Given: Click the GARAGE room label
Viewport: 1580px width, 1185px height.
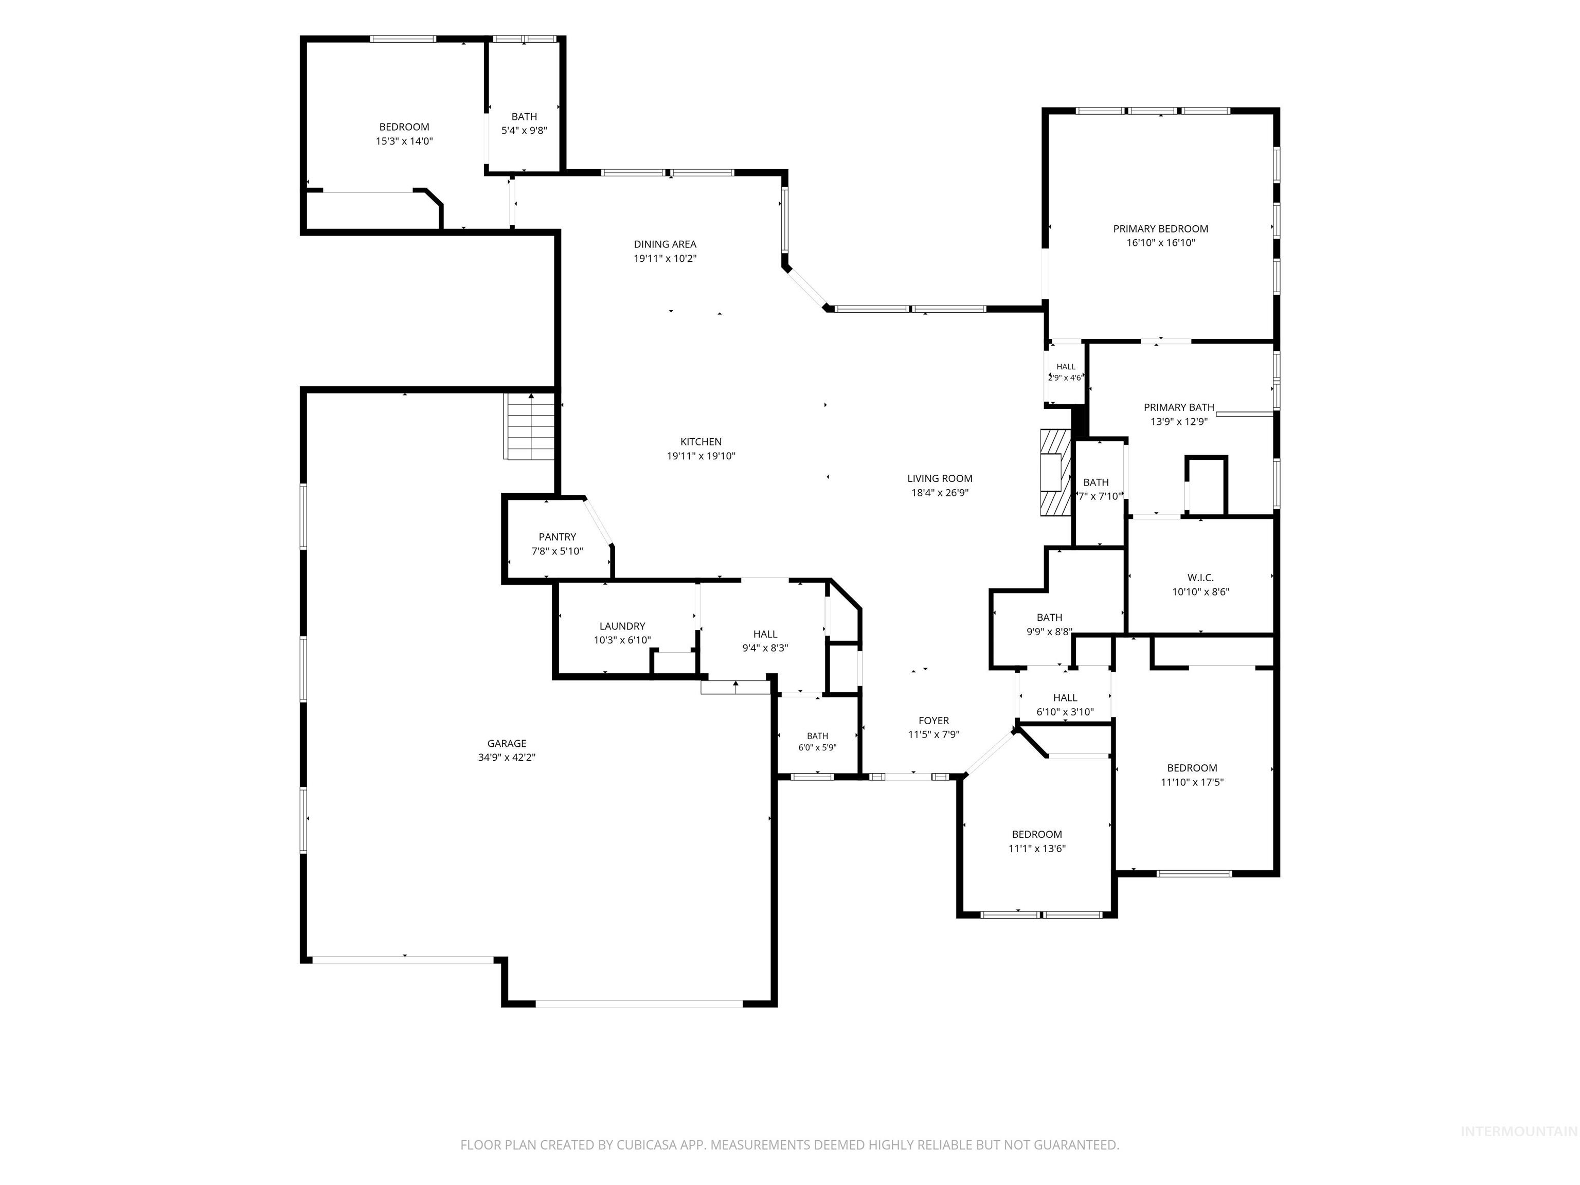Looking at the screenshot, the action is pyautogui.click(x=507, y=744).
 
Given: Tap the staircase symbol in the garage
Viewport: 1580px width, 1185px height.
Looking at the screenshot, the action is pyautogui.click(x=529, y=426).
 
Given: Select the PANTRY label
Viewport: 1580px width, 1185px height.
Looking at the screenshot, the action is pyautogui.click(x=557, y=537).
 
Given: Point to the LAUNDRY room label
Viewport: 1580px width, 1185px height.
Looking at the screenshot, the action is pyautogui.click(x=622, y=626).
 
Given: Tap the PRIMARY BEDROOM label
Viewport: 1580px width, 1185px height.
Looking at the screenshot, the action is pyautogui.click(x=1161, y=229).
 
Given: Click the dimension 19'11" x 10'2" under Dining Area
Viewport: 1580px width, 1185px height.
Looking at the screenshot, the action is pyautogui.click(x=665, y=259).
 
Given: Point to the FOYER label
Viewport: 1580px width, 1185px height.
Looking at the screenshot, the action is pyautogui.click(x=933, y=721).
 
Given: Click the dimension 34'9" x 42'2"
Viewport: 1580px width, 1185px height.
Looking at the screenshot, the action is pyautogui.click(x=507, y=758).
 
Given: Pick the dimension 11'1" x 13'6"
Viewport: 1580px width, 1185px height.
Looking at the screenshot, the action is pyautogui.click(x=1037, y=849).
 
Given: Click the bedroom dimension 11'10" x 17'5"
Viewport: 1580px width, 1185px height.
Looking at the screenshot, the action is pyautogui.click(x=1192, y=782).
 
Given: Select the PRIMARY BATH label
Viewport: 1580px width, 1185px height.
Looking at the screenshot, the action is pyautogui.click(x=1179, y=408).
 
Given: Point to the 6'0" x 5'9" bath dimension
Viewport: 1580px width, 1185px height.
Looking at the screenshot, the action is pyautogui.click(x=817, y=748).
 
